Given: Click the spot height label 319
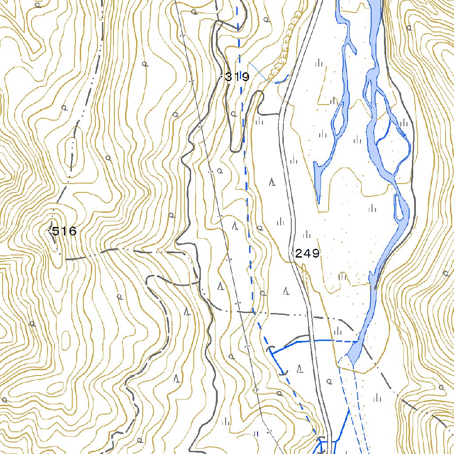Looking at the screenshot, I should [x=237, y=77].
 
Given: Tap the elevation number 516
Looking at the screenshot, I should [x=64, y=231].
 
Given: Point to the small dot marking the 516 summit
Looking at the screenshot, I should [x=49, y=231].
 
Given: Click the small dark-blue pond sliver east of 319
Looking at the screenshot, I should [x=282, y=80].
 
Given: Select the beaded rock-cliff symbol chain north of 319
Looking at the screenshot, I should [x=286, y=44].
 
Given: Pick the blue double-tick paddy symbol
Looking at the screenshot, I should [x=256, y=434].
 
